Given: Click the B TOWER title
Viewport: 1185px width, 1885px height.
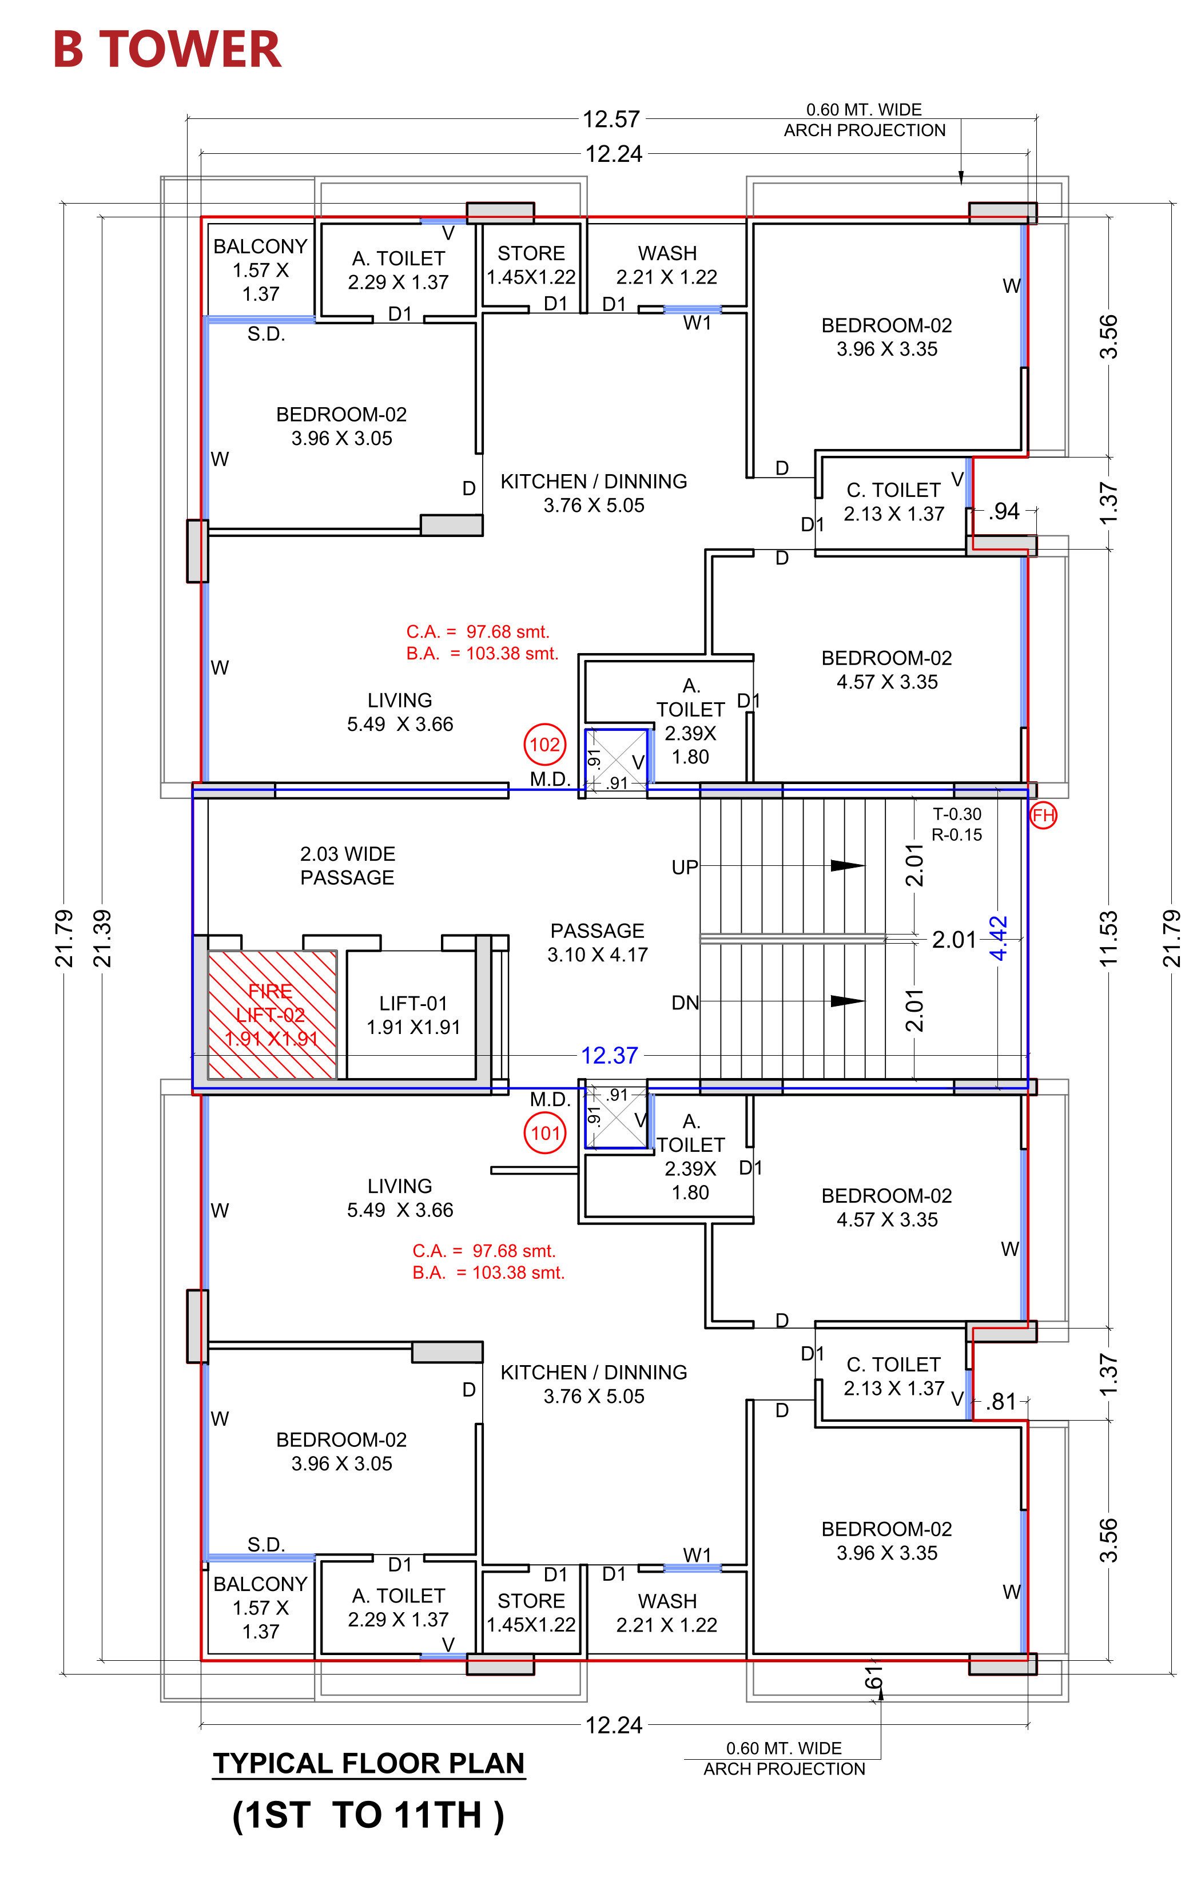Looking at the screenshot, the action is (167, 49).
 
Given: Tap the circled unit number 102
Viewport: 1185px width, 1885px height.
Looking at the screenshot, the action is (545, 743).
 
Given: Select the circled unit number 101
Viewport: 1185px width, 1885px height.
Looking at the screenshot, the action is (545, 1133).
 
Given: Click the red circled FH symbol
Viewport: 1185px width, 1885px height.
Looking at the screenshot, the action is (1043, 816).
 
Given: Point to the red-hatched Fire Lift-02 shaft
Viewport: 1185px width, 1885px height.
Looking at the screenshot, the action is (272, 1015).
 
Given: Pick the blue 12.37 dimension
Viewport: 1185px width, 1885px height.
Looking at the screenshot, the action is (610, 1055).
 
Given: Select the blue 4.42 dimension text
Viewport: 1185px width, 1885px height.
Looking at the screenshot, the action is (998, 938).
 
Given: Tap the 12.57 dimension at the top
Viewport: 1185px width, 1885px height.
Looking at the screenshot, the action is (611, 119).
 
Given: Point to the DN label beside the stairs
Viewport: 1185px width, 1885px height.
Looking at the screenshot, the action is (685, 1003).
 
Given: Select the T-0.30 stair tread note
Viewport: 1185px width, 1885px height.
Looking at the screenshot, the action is (956, 814).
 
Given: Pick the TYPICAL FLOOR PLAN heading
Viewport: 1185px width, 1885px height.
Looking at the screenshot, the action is (369, 1763).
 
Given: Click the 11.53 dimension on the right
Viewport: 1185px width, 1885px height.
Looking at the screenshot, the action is (1108, 938).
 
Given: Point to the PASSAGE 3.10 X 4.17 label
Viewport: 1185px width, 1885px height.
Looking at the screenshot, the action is (597, 942).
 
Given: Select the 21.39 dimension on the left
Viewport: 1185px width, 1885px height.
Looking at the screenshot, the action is (102, 938).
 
